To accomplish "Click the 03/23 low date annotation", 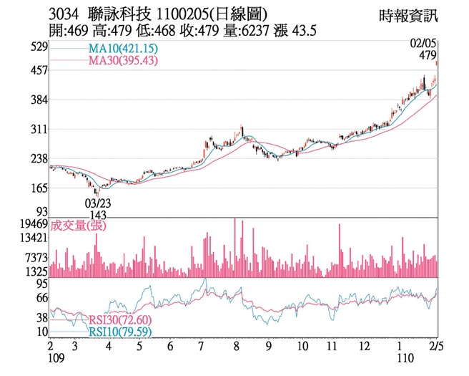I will tap(98, 204).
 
